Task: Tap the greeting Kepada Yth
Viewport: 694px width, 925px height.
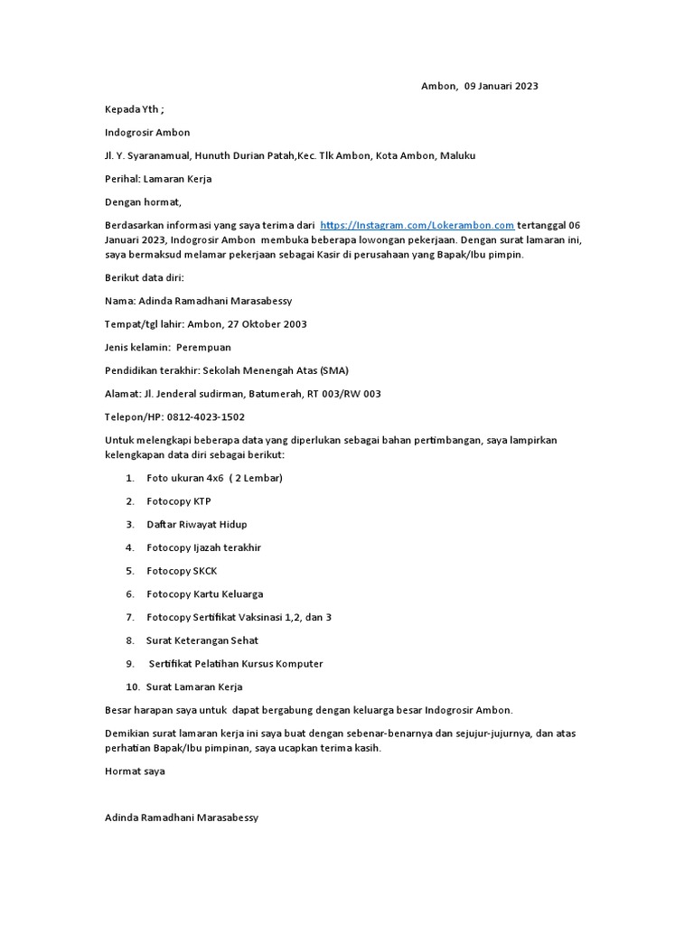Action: point(134,109)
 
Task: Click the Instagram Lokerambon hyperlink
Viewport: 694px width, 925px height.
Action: point(417,225)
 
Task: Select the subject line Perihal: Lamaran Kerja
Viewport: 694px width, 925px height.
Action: point(158,179)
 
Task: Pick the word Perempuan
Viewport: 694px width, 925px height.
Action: point(203,347)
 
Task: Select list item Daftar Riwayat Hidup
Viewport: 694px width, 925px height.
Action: point(197,524)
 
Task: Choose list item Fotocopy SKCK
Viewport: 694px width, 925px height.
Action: point(182,571)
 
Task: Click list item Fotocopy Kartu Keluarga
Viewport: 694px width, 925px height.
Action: point(205,594)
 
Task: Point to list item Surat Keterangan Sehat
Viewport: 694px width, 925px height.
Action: point(202,640)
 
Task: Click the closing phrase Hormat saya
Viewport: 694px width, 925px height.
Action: point(135,771)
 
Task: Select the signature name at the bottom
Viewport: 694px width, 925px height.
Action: point(182,818)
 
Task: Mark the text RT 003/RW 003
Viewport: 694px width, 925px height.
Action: point(340,394)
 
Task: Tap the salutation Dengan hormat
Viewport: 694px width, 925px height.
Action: point(143,202)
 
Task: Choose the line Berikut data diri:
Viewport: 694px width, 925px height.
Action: point(145,277)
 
